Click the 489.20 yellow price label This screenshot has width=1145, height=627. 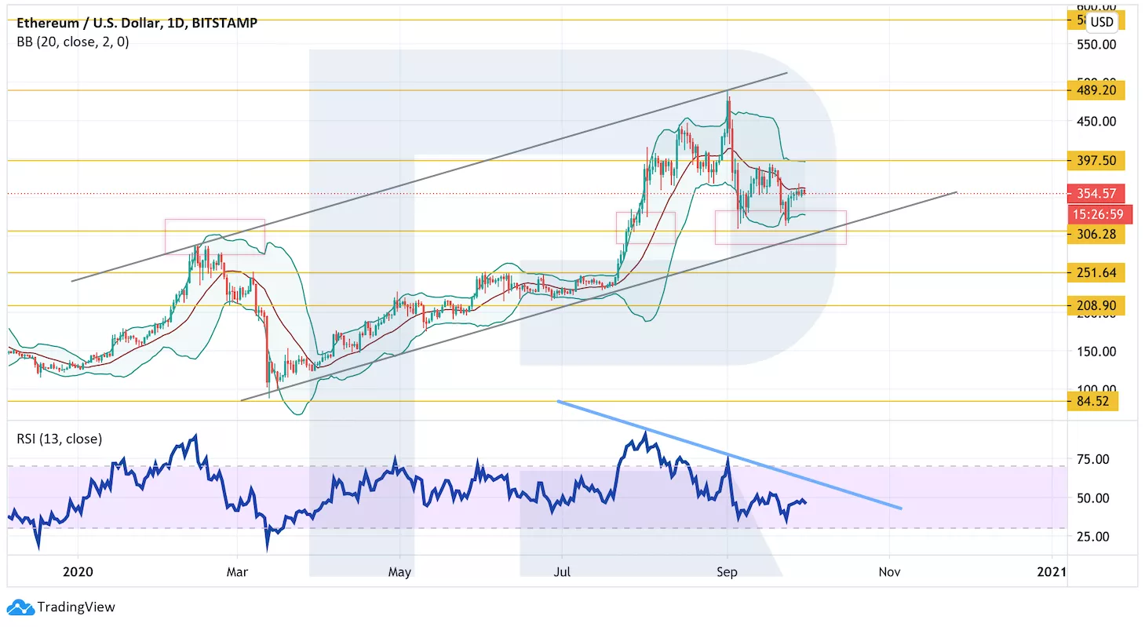click(x=1096, y=90)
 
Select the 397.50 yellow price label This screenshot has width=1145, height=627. click(x=1096, y=161)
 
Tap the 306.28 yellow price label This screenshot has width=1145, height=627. click(x=1096, y=234)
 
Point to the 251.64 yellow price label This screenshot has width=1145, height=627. click(x=1096, y=273)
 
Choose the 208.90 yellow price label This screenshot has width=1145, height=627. click(x=1096, y=305)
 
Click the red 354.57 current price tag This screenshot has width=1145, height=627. click(x=1096, y=193)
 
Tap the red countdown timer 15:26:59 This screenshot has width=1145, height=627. click(x=1096, y=214)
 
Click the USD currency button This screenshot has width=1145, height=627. click(x=1102, y=22)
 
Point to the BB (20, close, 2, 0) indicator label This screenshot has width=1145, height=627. click(x=73, y=42)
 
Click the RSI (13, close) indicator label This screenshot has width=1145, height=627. click(x=59, y=439)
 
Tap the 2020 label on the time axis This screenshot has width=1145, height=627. click(x=78, y=571)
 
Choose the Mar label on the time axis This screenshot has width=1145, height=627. click(x=237, y=571)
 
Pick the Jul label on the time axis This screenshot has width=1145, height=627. click(x=562, y=571)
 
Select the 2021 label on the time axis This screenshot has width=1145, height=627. click(x=1052, y=571)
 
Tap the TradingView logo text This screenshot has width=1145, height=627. click(x=76, y=607)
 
